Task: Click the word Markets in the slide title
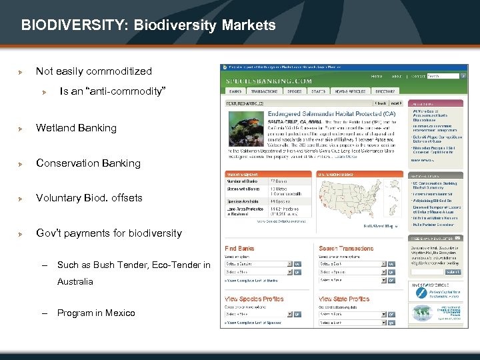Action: (250, 26)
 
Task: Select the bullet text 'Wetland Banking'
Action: (76, 128)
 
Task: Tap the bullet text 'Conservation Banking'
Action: (88, 163)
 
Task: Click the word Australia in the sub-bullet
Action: (75, 281)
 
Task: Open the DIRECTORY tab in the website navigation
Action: (385, 91)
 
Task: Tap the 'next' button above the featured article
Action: (396, 103)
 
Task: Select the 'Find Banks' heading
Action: (239, 249)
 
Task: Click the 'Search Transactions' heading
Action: (346, 249)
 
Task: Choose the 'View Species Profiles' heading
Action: (254, 299)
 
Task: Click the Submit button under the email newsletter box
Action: (453, 272)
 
